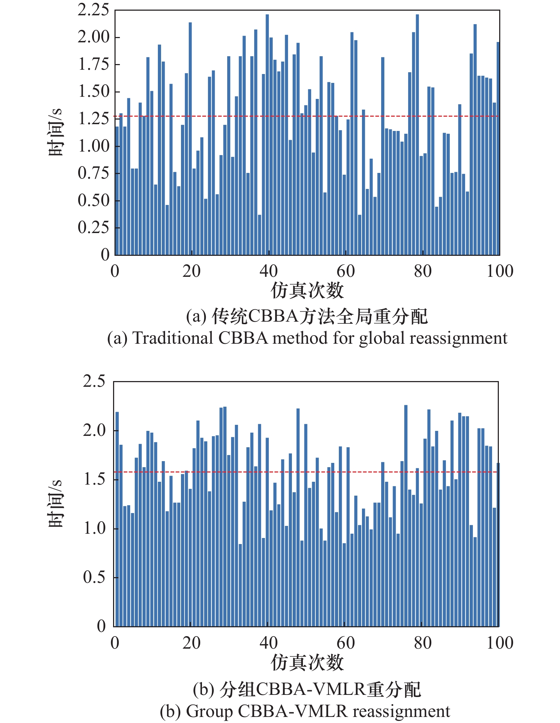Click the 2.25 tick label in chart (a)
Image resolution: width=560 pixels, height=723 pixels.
[x=93, y=10]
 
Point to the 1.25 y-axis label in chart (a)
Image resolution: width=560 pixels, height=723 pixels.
[x=93, y=118]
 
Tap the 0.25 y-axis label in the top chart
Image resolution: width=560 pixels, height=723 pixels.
[x=93, y=227]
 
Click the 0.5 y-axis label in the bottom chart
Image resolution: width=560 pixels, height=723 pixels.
[x=94, y=577]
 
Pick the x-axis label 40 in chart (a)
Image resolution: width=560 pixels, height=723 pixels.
[x=268, y=271]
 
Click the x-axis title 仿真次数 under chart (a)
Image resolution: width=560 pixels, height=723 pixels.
[x=307, y=290]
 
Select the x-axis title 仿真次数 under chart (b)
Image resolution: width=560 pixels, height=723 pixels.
[x=307, y=662]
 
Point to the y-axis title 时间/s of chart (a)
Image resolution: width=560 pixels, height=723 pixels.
[x=55, y=132]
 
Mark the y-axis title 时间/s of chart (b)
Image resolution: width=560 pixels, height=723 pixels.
[x=55, y=503]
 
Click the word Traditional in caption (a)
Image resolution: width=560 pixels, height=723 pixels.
[x=172, y=338]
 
